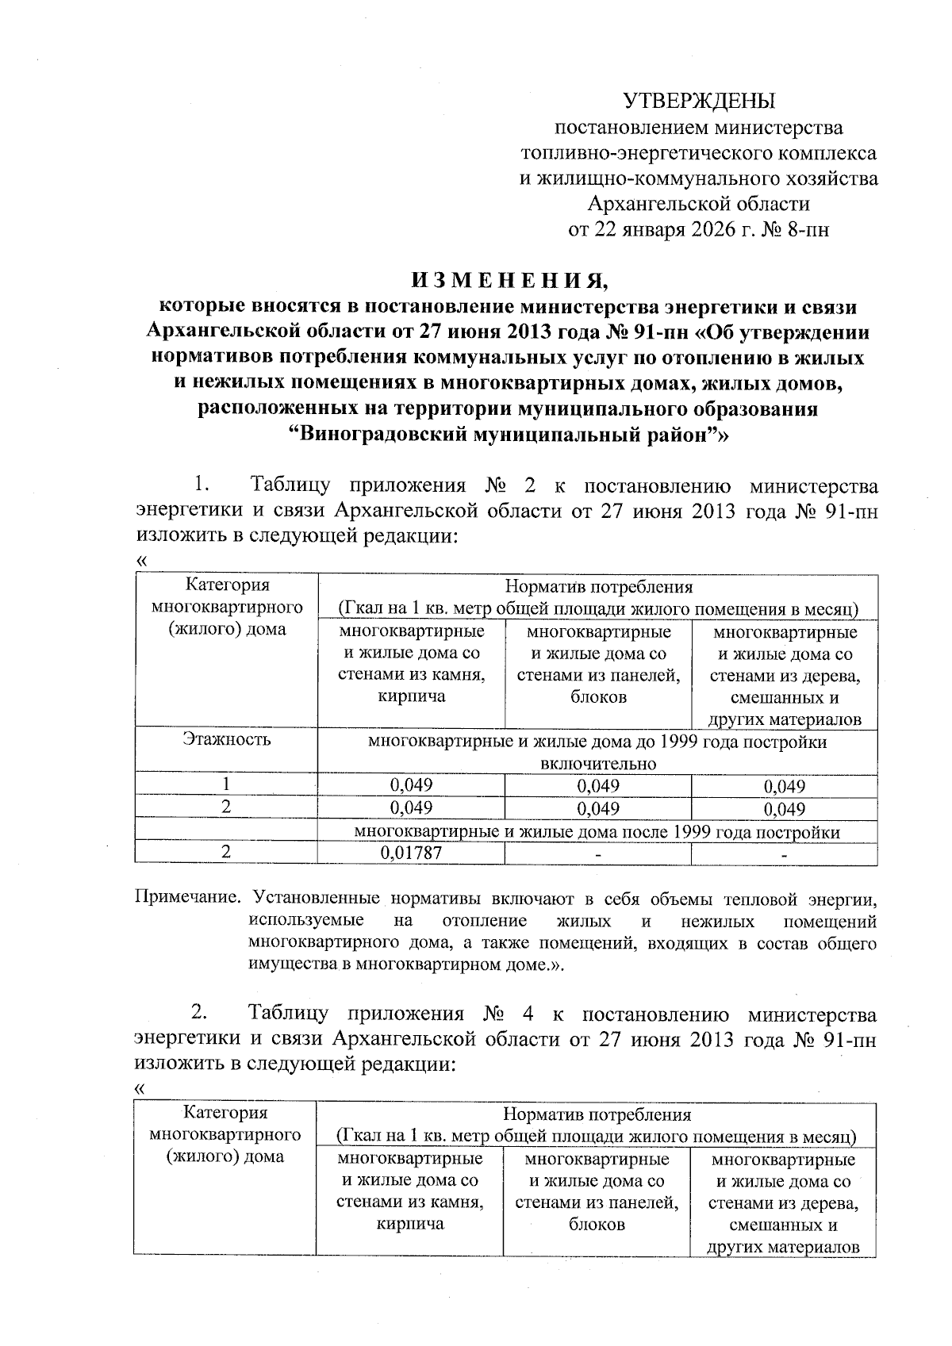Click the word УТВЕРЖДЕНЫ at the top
(698, 101)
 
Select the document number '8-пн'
(808, 230)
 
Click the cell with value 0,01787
(411, 853)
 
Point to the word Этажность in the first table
(226, 739)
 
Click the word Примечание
(187, 899)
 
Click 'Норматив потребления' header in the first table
(598, 587)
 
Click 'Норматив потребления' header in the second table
(597, 1114)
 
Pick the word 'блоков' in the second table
(597, 1224)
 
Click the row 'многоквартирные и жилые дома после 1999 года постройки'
(597, 832)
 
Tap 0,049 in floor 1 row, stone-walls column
(411, 785)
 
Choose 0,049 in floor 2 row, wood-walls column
(784, 809)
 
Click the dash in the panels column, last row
(597, 854)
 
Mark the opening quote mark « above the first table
(142, 560)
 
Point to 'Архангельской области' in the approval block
(698, 204)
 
